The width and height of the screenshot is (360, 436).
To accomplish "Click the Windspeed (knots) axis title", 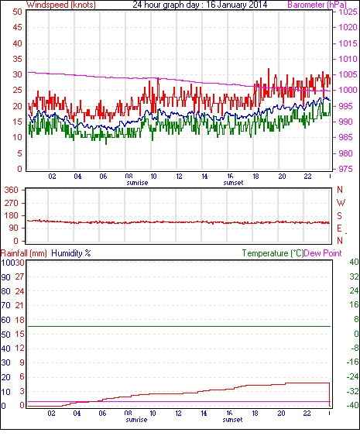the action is pos(61,5).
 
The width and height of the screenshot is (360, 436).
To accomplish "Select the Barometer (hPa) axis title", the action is pos(317,5).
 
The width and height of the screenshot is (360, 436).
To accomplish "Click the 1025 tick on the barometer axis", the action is pos(348,12).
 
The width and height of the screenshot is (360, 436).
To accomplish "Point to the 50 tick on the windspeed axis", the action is pos(17,12).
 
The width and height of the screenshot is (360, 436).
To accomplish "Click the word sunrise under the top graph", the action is pos(137,183).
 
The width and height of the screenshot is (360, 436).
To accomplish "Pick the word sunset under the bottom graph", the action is pos(232,420).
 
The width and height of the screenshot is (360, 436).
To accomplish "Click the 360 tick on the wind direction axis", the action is pos(12,191).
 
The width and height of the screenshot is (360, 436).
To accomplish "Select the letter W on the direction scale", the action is pos(341,203).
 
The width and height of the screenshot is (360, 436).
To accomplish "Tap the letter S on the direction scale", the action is pos(339,216).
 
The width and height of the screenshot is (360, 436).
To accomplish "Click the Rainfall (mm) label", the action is pos(24,253).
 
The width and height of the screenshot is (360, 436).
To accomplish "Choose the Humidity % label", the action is pos(71,253).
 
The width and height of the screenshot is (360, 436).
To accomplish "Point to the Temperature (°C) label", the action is pos(273,253).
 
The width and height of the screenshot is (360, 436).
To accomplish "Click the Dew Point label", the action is pos(323,253).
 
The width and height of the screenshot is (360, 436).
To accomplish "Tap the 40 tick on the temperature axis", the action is pos(354,262).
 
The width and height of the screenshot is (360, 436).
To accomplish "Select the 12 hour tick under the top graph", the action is pos(180,177).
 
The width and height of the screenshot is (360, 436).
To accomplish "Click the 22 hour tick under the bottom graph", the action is pos(307,414).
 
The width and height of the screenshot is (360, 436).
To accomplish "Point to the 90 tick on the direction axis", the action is pos(14,228).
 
